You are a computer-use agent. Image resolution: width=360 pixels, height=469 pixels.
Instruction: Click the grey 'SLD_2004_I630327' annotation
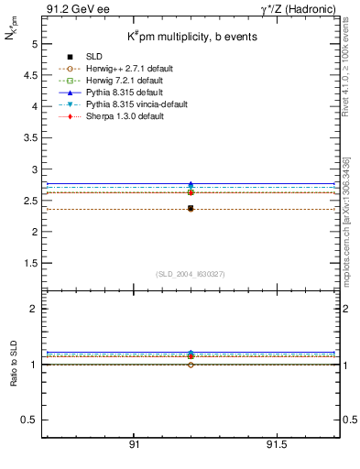190,274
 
